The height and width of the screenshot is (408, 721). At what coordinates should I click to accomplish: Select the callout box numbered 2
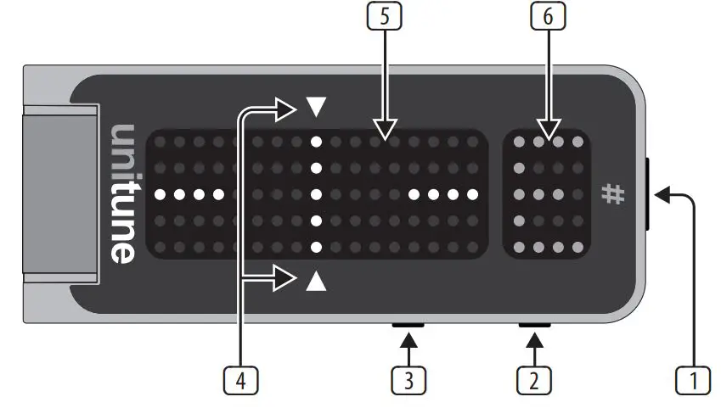[x=533, y=380]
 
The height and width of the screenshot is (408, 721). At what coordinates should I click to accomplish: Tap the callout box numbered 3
[x=408, y=380]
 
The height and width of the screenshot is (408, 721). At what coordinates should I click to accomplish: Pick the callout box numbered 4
[x=241, y=380]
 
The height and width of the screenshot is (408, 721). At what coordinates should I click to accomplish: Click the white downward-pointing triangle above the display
[x=316, y=107]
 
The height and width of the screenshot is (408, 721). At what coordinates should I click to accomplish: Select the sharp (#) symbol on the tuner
[x=612, y=194]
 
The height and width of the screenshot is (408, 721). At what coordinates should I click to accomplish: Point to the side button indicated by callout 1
[x=649, y=193]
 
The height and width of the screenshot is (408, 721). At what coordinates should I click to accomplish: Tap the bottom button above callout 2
[x=534, y=324]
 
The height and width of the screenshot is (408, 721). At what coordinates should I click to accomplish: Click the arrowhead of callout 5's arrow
[x=386, y=131]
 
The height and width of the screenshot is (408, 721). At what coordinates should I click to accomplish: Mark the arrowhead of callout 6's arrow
[x=547, y=131]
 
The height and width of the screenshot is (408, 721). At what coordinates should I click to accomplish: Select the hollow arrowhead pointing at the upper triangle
[x=288, y=108]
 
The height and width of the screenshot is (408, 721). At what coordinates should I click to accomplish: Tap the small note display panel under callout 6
[x=547, y=194]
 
